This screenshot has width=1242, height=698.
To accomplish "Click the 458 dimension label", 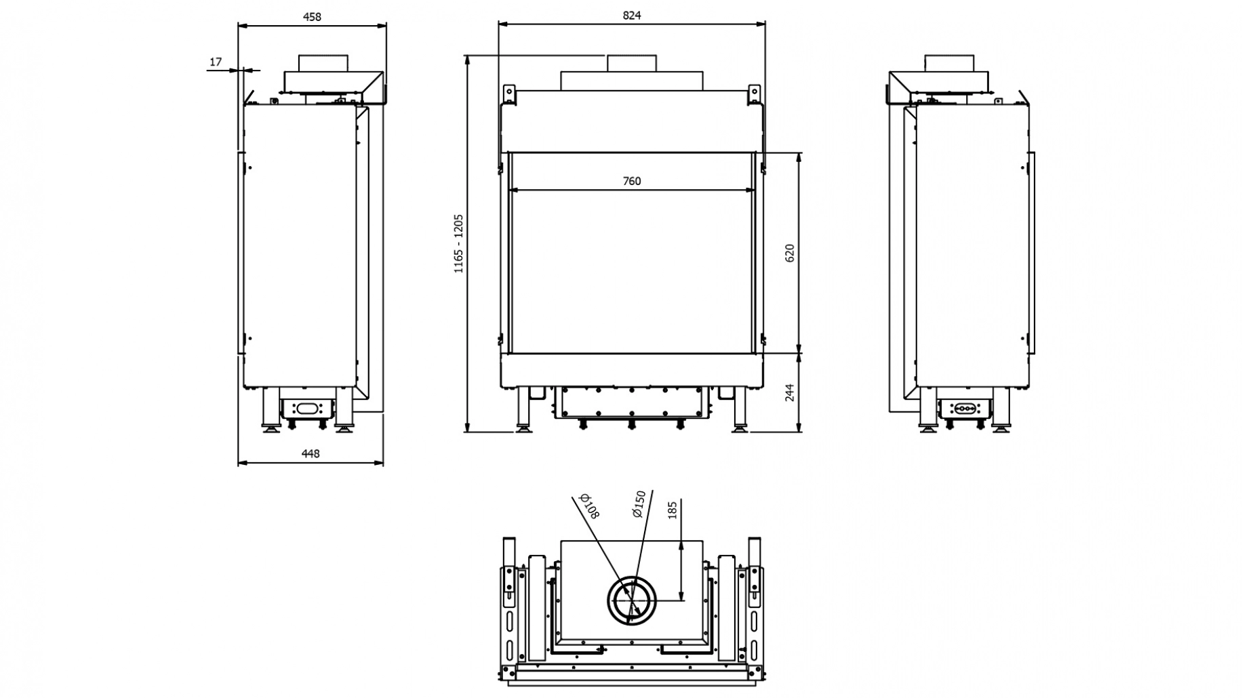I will tap(312, 17).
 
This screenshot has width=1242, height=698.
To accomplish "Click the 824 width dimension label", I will tap(631, 15).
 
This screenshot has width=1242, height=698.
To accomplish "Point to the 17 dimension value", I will tap(216, 62).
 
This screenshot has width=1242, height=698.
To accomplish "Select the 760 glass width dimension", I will tap(631, 181).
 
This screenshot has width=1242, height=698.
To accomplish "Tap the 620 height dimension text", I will tap(789, 253).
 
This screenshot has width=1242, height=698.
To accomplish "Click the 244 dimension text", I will tap(789, 392).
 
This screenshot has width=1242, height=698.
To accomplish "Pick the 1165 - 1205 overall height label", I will tap(459, 243).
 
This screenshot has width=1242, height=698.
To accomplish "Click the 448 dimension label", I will tap(310, 453).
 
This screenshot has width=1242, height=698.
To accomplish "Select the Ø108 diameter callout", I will tap(590, 506).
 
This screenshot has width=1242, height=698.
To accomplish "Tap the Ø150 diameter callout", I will tap(638, 504).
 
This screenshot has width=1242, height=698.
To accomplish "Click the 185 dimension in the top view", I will tap(673, 510).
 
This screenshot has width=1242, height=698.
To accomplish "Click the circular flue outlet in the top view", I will tap(631, 601).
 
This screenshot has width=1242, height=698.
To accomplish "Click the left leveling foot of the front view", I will tap(524, 426).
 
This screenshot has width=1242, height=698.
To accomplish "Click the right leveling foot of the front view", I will tap(739, 426).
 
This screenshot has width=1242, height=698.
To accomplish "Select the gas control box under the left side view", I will tap(307, 408).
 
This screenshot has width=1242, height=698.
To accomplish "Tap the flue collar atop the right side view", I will tap(950, 64).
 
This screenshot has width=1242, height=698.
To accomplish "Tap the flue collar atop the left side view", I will tap(324, 64).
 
